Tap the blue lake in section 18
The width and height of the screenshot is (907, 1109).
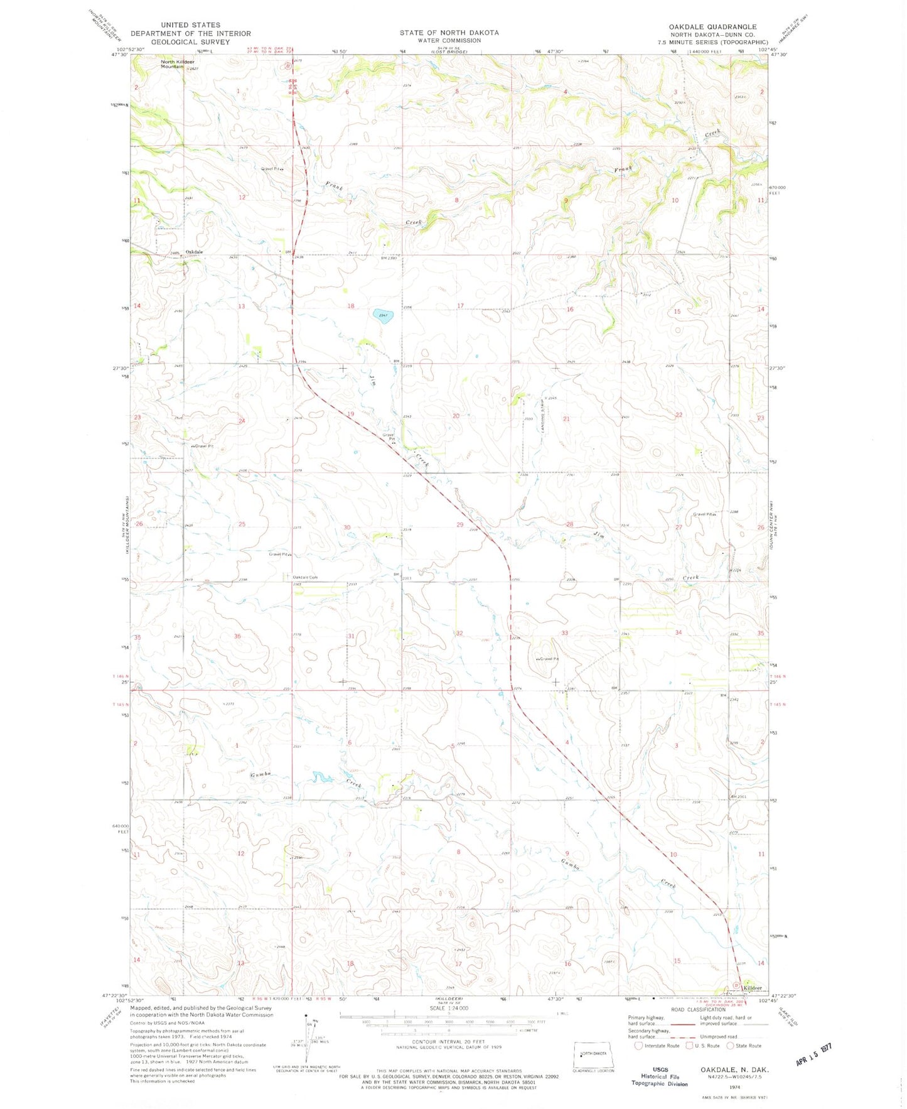coord(383,316)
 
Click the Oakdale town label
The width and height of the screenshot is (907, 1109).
coord(194,252)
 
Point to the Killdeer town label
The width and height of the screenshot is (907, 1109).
coord(753,988)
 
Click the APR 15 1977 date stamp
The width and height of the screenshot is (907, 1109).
coord(814,1054)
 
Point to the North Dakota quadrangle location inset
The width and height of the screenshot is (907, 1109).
coord(594,1055)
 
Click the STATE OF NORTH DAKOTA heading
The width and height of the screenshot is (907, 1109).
coord(449,33)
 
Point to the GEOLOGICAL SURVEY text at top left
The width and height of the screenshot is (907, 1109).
coord(190,42)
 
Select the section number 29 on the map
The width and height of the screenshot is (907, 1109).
coord(459,524)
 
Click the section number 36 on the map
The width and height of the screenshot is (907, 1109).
coord(237,636)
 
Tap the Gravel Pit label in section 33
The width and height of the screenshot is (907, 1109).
coord(547,659)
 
